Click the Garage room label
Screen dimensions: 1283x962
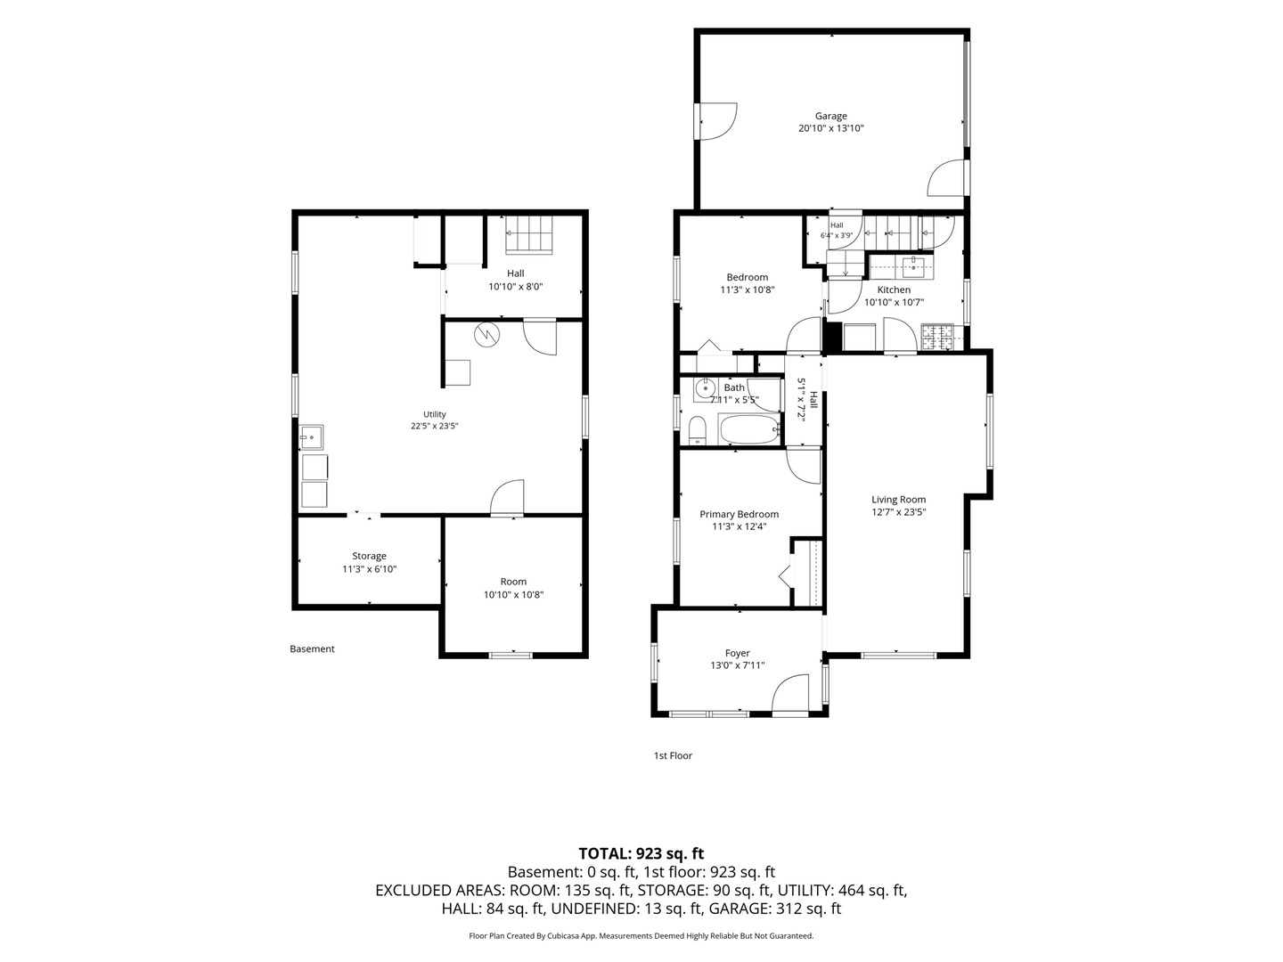pyautogui.click(x=830, y=116)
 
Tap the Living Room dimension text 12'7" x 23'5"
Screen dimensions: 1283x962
pyautogui.click(x=898, y=512)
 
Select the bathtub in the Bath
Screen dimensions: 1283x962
pyautogui.click(x=749, y=429)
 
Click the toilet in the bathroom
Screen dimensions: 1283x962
pyautogui.click(x=698, y=430)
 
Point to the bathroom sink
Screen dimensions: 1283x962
pyautogui.click(x=706, y=387)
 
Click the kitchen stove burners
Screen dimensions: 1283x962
pyautogui.click(x=937, y=337)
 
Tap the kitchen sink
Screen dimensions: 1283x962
pyautogui.click(x=912, y=267)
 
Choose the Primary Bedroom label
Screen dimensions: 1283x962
pyautogui.click(x=739, y=514)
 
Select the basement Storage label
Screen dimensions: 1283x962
pyautogui.click(x=369, y=556)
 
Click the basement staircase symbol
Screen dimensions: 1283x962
pyautogui.click(x=528, y=235)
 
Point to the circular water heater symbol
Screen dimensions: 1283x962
pyautogui.click(x=486, y=335)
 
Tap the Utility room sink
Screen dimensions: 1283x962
pyautogui.click(x=312, y=436)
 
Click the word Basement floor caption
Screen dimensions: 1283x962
pyautogui.click(x=312, y=648)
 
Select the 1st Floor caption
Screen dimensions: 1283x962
pyautogui.click(x=673, y=755)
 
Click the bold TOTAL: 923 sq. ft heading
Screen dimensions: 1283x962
pyautogui.click(x=641, y=853)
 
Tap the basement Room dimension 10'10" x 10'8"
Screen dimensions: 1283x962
pyautogui.click(x=513, y=595)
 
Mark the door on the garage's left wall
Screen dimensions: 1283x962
pyautogui.click(x=716, y=121)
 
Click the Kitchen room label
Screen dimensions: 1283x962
pyautogui.click(x=894, y=289)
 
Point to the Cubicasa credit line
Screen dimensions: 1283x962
pyautogui.click(x=641, y=935)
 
